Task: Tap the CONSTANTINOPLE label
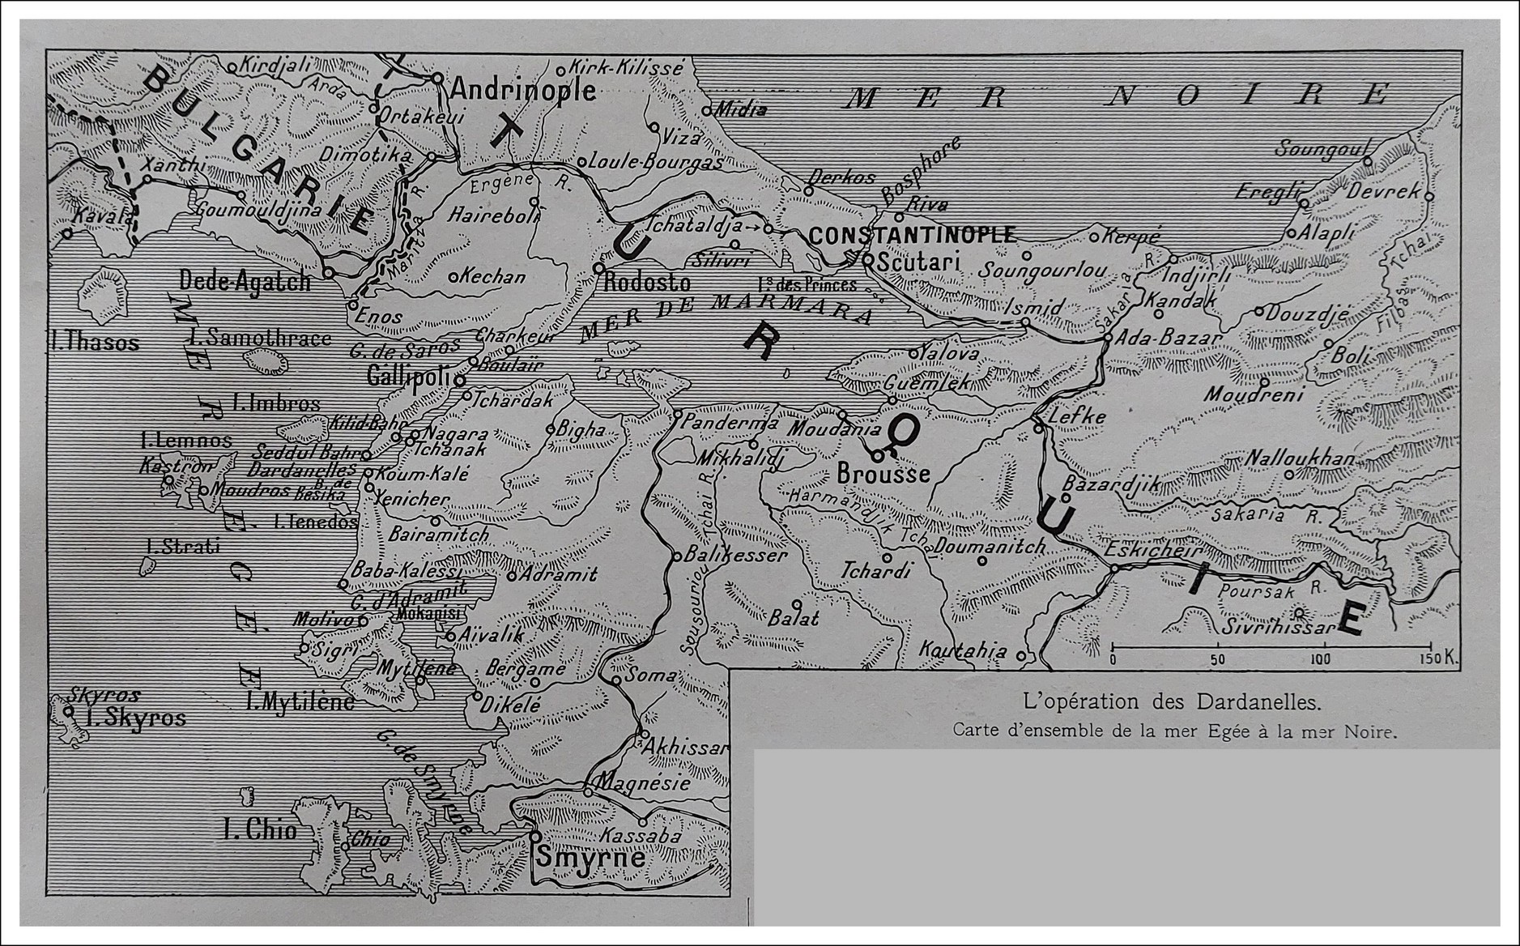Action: tap(912, 236)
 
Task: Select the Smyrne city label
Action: tap(590, 858)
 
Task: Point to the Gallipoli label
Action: tap(409, 376)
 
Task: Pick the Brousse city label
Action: tap(883, 473)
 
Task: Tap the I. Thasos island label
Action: tap(94, 343)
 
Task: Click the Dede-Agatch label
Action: tap(245, 281)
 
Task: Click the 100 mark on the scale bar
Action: tap(1321, 659)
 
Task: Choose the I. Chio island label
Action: tap(260, 829)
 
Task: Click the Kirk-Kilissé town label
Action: tap(626, 67)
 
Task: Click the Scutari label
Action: tap(918, 262)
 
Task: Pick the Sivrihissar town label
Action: tap(1278, 627)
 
